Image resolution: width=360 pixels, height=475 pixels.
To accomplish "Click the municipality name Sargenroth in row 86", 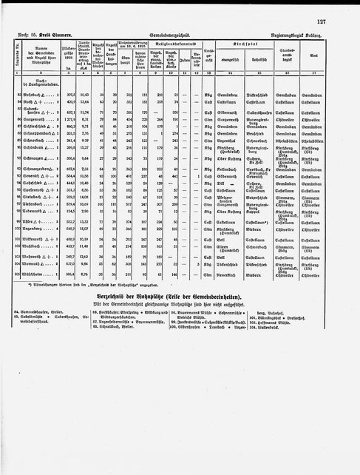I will (x=44, y=139).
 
